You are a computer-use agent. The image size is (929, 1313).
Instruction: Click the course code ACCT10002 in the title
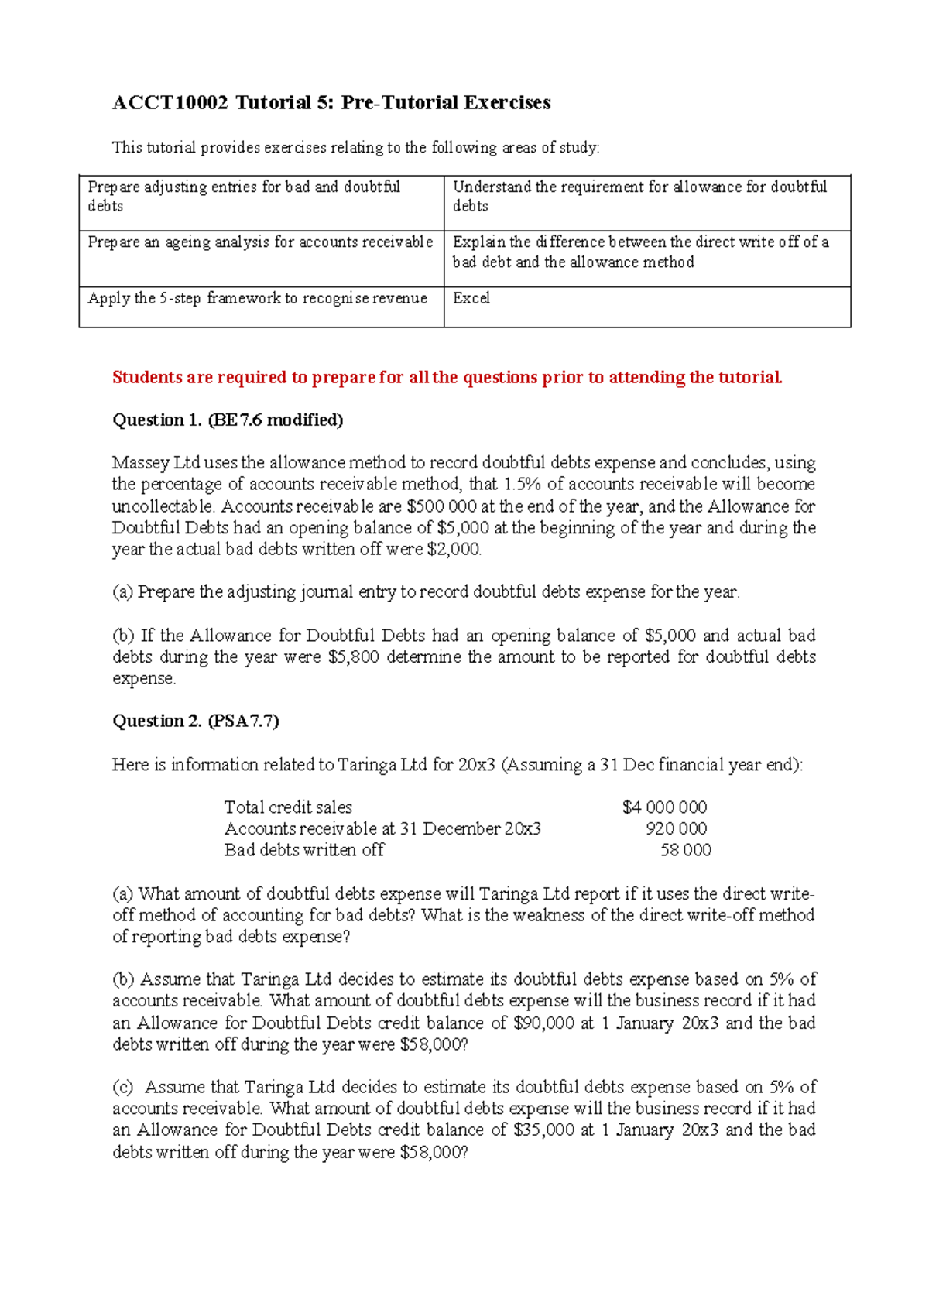click(x=170, y=102)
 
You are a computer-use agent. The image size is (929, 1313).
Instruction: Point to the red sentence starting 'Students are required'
click(x=447, y=378)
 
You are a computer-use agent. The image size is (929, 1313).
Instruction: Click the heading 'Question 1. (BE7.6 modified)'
click(x=228, y=420)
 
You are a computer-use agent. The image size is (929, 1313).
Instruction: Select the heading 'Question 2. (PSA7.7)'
click(x=196, y=722)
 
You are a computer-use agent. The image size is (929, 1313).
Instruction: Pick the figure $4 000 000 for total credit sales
click(x=664, y=807)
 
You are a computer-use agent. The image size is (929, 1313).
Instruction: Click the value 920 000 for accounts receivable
click(x=676, y=829)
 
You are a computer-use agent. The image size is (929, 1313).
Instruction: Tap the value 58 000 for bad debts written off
click(x=685, y=850)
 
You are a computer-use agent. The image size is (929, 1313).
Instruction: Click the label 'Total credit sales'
click(x=288, y=807)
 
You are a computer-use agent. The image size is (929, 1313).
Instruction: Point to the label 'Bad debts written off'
click(x=303, y=850)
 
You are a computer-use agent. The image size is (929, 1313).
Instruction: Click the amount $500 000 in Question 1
click(x=441, y=506)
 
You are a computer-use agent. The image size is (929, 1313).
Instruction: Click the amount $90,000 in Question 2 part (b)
click(x=543, y=1023)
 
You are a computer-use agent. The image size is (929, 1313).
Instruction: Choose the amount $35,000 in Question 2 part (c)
click(x=543, y=1130)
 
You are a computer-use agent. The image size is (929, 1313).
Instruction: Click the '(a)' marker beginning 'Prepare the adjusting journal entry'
click(x=122, y=592)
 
